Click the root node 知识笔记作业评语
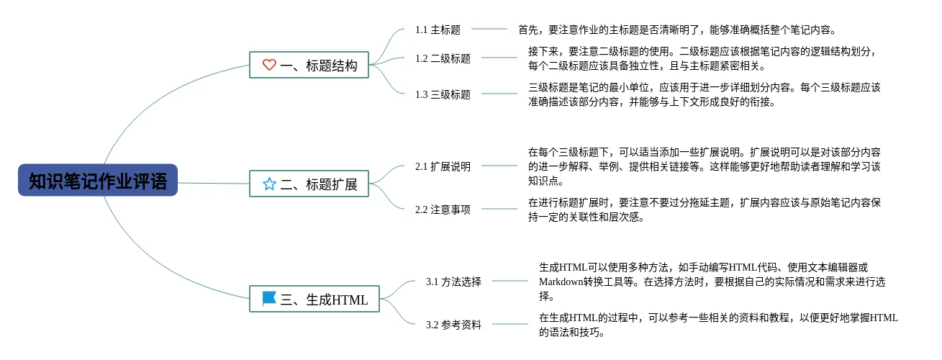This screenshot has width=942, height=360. (x=98, y=180)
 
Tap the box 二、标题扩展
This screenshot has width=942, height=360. (x=309, y=184)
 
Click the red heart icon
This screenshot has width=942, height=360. (x=269, y=65)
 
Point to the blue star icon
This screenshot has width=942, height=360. (x=269, y=184)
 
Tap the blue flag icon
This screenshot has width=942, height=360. (x=269, y=298)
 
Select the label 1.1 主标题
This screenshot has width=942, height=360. (x=438, y=30)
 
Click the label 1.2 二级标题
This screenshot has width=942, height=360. (x=443, y=58)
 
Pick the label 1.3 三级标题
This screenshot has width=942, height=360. (x=443, y=94)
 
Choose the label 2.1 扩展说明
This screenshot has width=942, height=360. (x=443, y=166)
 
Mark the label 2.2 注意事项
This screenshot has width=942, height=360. (x=443, y=210)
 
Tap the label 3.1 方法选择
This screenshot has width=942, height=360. (x=453, y=282)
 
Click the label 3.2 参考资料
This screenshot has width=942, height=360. (x=453, y=325)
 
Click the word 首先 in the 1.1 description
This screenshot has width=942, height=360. (x=528, y=30)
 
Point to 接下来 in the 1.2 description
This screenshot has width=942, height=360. (x=543, y=51)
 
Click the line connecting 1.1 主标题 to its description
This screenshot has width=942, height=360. (x=489, y=30)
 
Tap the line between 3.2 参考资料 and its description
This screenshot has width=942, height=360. (x=510, y=325)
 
